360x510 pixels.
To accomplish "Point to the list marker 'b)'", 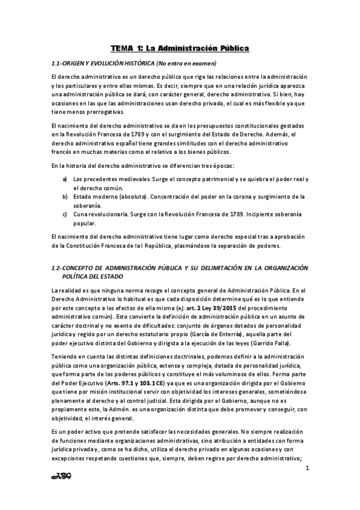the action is [x=65, y=196].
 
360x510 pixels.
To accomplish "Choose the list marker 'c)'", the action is [x=65, y=214].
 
